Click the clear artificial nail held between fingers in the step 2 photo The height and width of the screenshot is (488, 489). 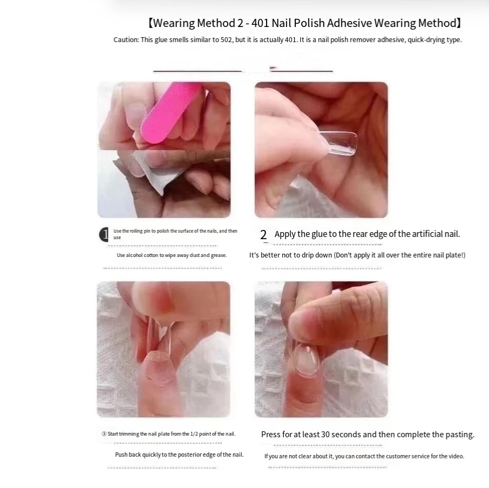pyautogui.click(x=338, y=143)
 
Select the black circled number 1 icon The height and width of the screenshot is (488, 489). pyautogui.click(x=104, y=234)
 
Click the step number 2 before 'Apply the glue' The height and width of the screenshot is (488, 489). pyautogui.click(x=263, y=235)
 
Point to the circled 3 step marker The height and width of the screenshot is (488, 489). pyautogui.click(x=104, y=434)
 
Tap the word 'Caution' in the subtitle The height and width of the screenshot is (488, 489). pyautogui.click(x=126, y=40)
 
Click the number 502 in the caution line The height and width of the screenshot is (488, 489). pyautogui.click(x=226, y=40)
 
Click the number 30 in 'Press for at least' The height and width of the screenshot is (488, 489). pyautogui.click(x=325, y=435)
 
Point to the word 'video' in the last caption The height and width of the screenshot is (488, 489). pyautogui.click(x=457, y=456)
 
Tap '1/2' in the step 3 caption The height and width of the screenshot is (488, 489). pyautogui.click(x=194, y=433)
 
